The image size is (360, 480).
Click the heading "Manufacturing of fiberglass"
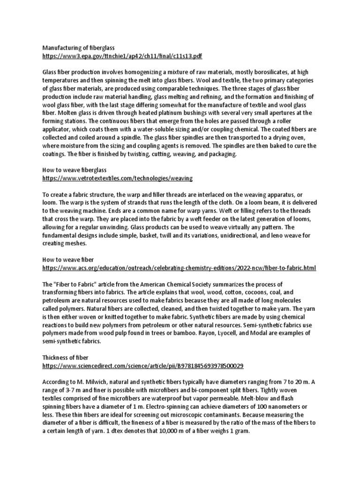click(78, 48)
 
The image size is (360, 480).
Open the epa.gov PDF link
click(122, 56)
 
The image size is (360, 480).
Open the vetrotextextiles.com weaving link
click(117, 179)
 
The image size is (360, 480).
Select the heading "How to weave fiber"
click(68, 259)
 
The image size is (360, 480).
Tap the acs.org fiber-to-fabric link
click(179, 268)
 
